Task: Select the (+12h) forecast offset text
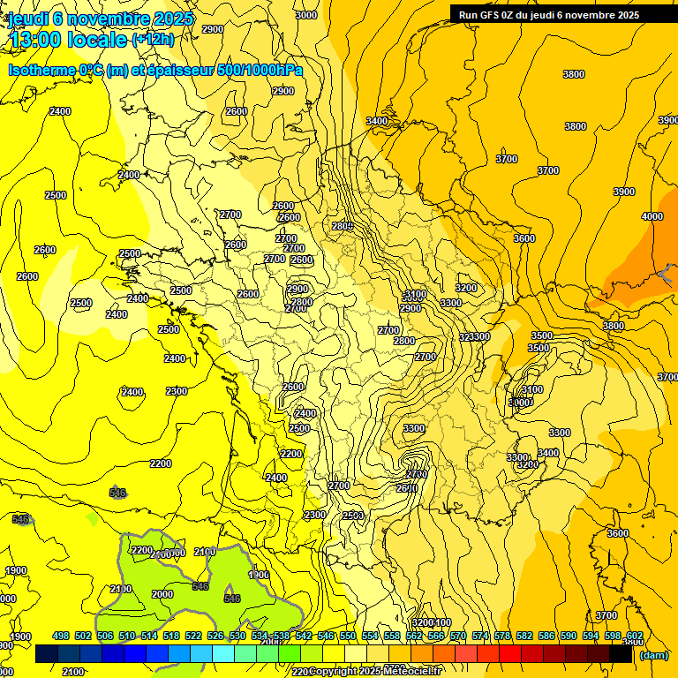click(x=153, y=40)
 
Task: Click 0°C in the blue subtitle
click(x=90, y=70)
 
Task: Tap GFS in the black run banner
click(x=494, y=15)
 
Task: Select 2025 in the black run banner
click(x=624, y=15)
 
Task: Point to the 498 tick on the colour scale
click(x=61, y=636)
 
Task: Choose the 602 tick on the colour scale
click(x=635, y=636)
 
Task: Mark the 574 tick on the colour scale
click(x=480, y=636)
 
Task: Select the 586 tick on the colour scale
click(x=546, y=636)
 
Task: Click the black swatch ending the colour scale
click(x=621, y=654)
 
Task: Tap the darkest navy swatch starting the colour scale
click(x=47, y=654)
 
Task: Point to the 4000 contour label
click(x=652, y=216)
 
